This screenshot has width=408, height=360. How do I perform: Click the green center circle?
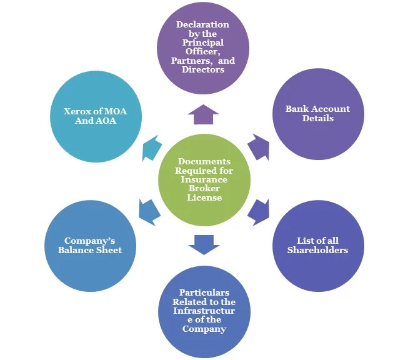204,179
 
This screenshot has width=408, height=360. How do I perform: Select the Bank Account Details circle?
317,113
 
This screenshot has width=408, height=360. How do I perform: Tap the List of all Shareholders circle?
317,245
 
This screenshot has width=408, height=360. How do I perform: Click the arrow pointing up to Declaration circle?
204,114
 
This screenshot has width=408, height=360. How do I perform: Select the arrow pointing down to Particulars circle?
204,244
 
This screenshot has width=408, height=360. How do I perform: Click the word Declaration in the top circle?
202,25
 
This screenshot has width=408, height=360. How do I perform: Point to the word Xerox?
79,112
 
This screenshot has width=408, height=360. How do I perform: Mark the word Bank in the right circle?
297,109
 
